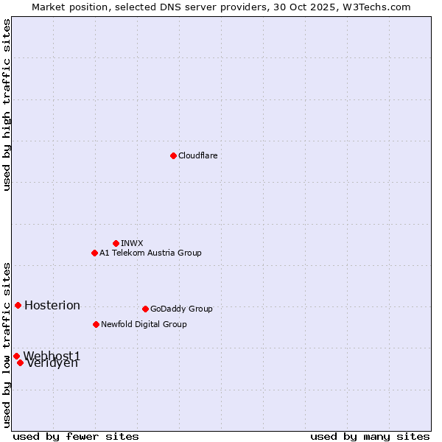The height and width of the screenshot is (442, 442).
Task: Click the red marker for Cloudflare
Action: tap(173, 155)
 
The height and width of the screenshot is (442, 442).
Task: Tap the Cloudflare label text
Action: tap(197, 155)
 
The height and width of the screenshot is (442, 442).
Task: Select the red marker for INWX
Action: tap(116, 243)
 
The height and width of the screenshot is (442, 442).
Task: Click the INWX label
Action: tap(132, 243)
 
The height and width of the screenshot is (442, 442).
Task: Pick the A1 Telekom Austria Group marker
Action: tap(94, 253)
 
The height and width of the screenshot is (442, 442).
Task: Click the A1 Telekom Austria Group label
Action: tap(150, 253)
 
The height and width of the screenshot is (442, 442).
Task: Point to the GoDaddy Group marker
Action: tap(145, 309)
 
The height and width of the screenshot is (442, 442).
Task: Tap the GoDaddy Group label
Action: tap(181, 309)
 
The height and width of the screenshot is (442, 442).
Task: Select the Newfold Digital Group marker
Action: tap(96, 324)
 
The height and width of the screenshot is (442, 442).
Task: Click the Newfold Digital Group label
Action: tap(144, 324)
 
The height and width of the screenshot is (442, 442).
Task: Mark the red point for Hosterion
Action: tap(18, 305)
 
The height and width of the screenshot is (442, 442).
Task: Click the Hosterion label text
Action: tap(52, 306)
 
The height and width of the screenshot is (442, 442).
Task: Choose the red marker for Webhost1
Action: tap(16, 356)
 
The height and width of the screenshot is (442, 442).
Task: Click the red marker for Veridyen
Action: tap(20, 362)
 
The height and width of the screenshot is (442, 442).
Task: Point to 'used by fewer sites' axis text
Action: tap(76, 436)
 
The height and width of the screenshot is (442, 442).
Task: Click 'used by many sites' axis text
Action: tap(370, 436)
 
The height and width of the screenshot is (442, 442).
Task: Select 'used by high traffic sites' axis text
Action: tap(7, 105)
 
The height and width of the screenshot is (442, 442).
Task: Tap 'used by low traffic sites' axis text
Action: tap(7, 344)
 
